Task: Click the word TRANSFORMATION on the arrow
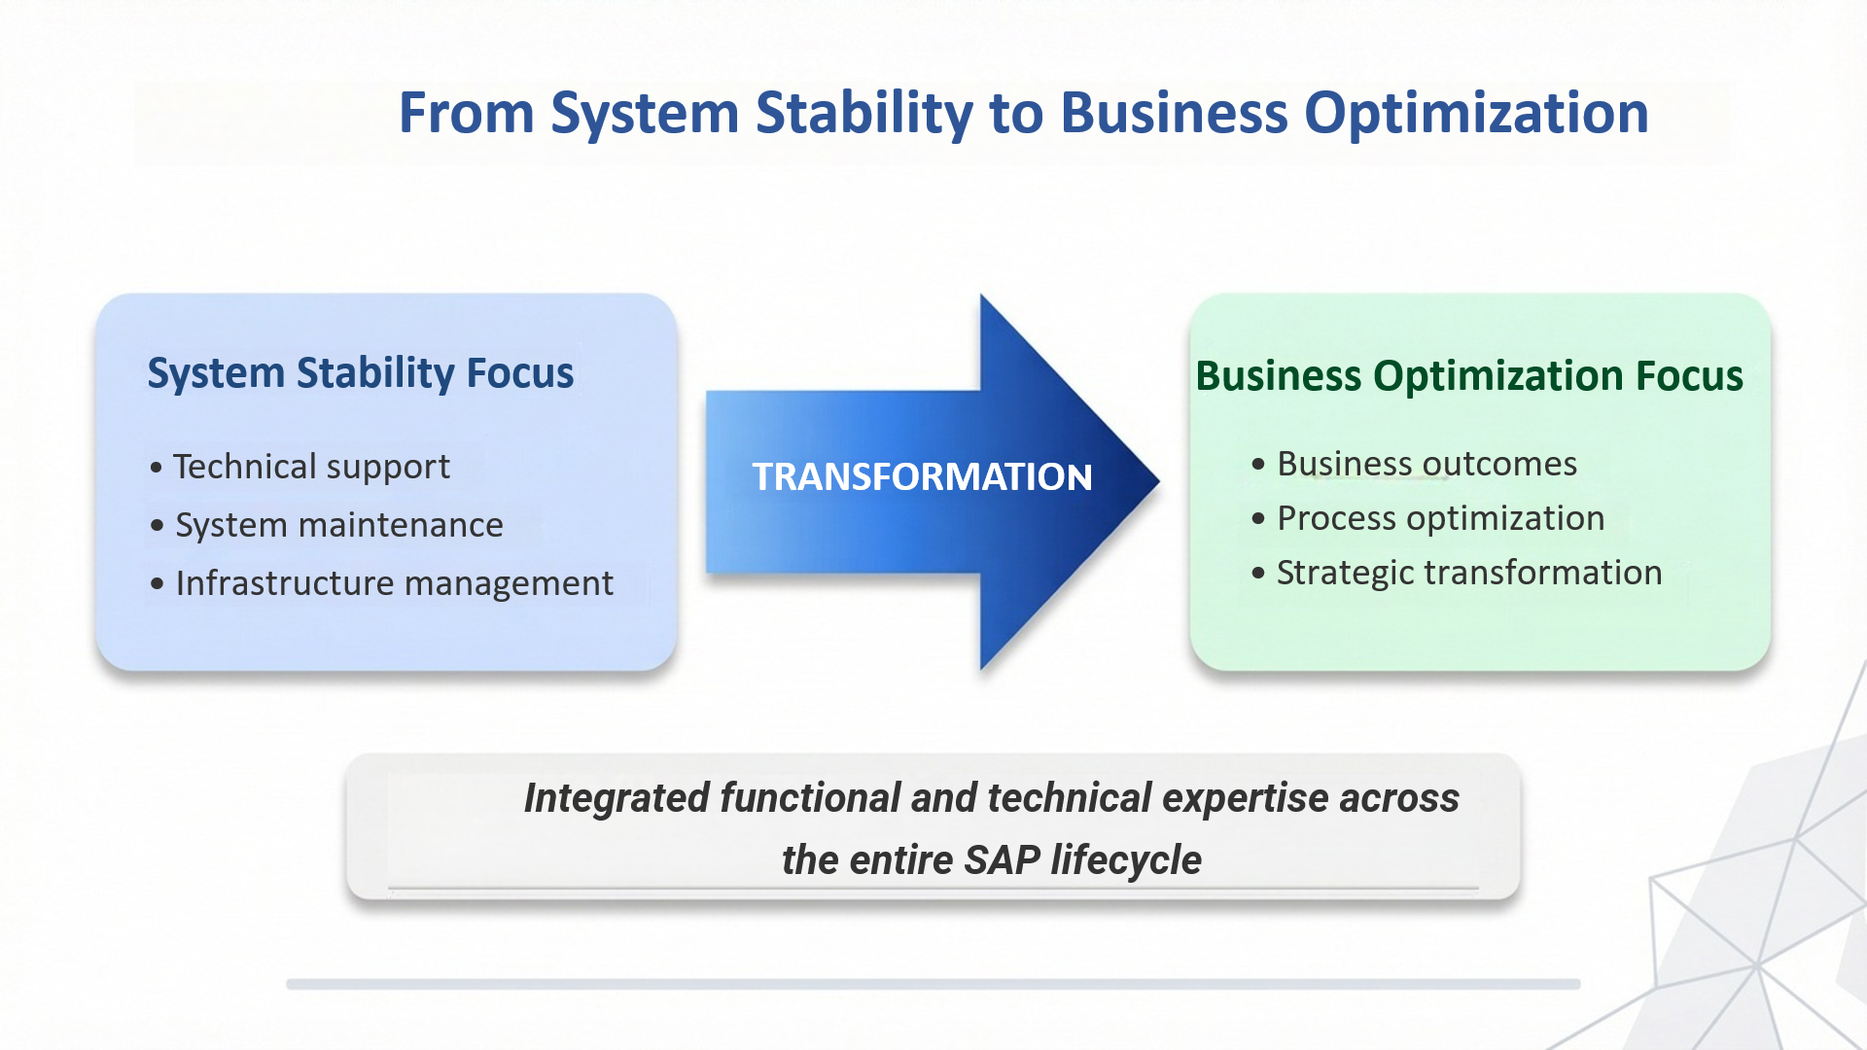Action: coord(922,476)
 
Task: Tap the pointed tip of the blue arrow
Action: coord(1159,480)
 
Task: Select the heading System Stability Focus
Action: coord(361,373)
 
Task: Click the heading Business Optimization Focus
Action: coord(1469,376)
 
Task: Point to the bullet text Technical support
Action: coord(311,467)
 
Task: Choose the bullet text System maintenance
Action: coord(339,525)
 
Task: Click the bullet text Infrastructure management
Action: coord(394,583)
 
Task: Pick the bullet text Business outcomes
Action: coord(1427,464)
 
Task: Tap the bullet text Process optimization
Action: coord(1440,518)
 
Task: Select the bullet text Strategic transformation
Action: coord(1469,573)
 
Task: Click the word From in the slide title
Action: coord(467,113)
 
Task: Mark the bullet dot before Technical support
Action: coord(157,468)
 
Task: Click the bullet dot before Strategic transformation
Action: coord(1258,574)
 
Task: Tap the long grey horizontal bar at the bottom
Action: coord(933,984)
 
